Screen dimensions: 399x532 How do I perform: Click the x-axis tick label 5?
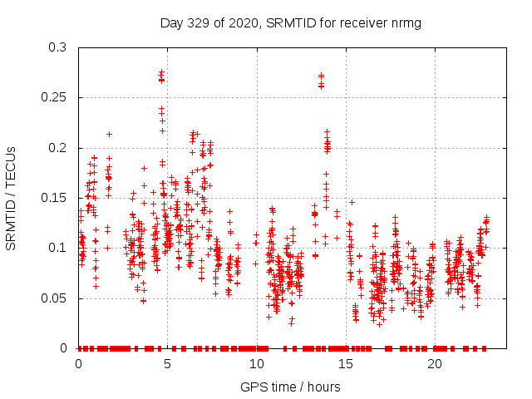(167, 364)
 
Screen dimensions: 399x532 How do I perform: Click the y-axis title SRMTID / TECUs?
(12, 198)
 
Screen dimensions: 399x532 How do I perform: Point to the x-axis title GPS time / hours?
(290, 387)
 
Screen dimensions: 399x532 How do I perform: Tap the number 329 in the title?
(196, 22)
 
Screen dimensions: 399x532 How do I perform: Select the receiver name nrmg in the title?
(408, 22)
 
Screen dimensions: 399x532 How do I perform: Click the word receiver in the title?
(362, 22)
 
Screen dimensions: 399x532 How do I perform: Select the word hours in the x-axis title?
(323, 387)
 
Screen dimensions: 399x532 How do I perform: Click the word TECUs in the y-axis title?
(12, 166)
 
